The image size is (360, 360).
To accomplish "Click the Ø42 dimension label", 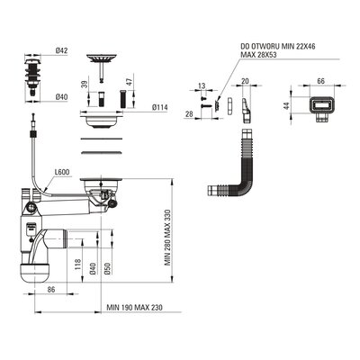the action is [x=61, y=51].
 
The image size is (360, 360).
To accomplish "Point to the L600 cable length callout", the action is [x=62, y=172].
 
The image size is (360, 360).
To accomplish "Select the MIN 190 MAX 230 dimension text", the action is [x=134, y=308].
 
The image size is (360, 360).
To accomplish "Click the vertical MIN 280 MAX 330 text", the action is [x=167, y=238].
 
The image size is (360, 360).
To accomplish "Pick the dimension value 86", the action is [x=51, y=290].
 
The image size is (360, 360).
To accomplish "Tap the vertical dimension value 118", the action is [x=77, y=265].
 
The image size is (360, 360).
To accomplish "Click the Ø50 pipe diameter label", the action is [x=108, y=268].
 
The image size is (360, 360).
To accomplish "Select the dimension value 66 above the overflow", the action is [x=321, y=81].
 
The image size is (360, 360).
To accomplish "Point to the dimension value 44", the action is [x=286, y=105].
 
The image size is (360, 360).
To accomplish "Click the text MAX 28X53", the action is [x=258, y=55].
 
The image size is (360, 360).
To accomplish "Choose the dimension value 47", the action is [x=128, y=83].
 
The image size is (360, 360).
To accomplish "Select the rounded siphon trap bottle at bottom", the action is [x=34, y=273].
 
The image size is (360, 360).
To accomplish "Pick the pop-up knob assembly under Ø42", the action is [x=32, y=76].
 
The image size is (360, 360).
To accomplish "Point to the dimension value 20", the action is [x=246, y=81].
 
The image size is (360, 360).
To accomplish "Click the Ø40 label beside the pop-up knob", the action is [x=61, y=97].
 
